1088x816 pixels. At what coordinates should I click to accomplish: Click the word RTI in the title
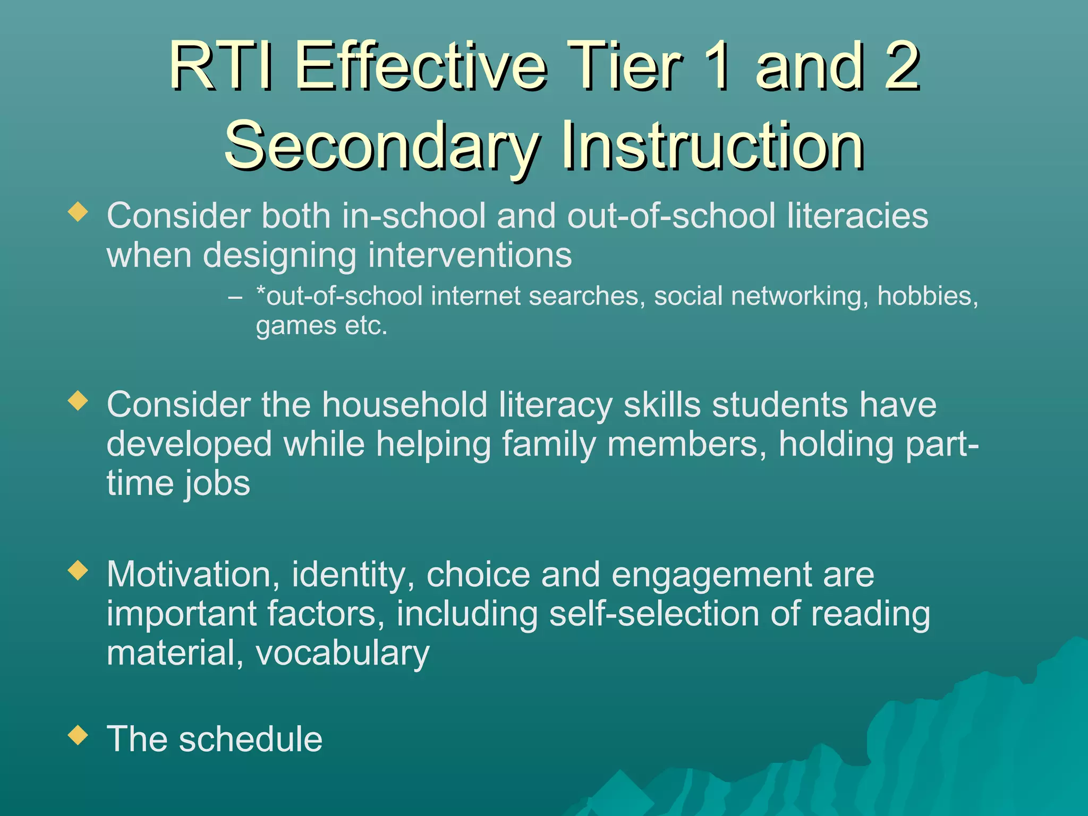pyautogui.click(x=221, y=67)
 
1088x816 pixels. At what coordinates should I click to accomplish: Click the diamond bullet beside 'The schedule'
pyautogui.click(x=78, y=735)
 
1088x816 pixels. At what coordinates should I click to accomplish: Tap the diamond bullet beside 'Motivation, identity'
pyautogui.click(x=78, y=571)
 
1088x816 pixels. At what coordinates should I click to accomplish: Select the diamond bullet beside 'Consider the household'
pyautogui.click(x=78, y=401)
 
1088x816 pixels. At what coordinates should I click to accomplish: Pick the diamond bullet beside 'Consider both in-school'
pyautogui.click(x=78, y=212)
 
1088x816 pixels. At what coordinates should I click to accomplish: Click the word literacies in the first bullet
pyautogui.click(x=857, y=216)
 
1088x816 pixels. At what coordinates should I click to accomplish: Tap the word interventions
pyautogui.click(x=470, y=256)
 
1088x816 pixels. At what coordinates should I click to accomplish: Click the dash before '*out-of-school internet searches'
pyautogui.click(x=235, y=297)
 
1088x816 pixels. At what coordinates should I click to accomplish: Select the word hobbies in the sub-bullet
pyautogui.click(x=927, y=296)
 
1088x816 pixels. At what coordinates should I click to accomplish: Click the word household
pyautogui.click(x=404, y=405)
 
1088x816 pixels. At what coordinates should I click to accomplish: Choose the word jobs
pyautogui.click(x=217, y=483)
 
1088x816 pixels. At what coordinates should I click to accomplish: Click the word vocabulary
pyautogui.click(x=343, y=653)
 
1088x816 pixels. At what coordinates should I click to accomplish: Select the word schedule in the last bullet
pyautogui.click(x=250, y=739)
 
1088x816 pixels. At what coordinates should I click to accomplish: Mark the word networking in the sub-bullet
pyautogui.click(x=797, y=296)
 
